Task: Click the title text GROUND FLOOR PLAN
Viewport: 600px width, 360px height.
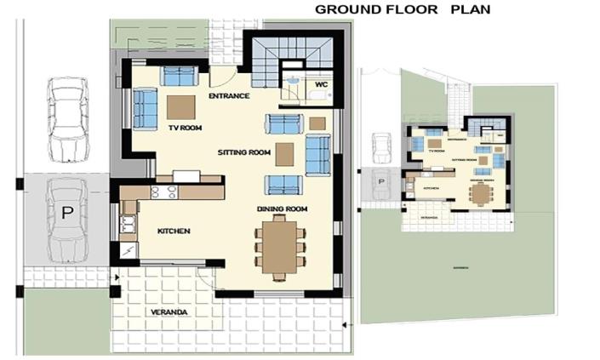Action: (x=403, y=9)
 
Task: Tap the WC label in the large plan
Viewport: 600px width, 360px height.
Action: (x=322, y=85)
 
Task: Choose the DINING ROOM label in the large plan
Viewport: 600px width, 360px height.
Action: (x=282, y=209)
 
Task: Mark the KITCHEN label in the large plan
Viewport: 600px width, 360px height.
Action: (x=173, y=231)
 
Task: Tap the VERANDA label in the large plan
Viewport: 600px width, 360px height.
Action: (x=169, y=312)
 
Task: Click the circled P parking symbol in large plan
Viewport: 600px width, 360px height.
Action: (x=66, y=213)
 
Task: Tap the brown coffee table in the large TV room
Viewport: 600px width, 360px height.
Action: (x=180, y=106)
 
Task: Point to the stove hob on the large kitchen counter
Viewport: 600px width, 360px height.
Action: (x=163, y=192)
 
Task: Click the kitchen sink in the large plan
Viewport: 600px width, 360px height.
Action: (x=129, y=225)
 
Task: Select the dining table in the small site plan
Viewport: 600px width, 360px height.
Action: (x=482, y=195)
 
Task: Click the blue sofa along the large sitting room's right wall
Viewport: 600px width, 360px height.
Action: (x=317, y=154)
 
